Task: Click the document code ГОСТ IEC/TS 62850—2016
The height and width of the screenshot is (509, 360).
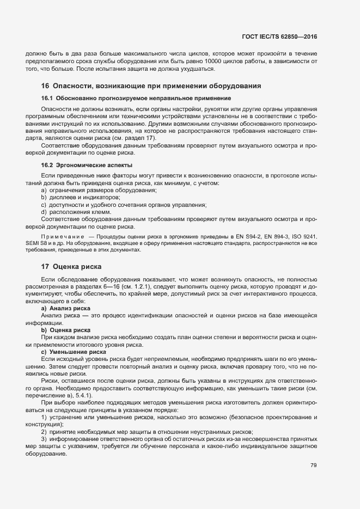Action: pyautogui.click(x=279, y=37)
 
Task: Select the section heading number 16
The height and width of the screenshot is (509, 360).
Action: pyautogui.click(x=45, y=86)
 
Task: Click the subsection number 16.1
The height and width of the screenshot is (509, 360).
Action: pyautogui.click(x=48, y=98)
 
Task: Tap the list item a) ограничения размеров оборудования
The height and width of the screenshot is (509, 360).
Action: pyautogui.click(x=91, y=190)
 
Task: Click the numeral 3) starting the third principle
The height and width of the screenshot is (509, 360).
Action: pyautogui.click(x=44, y=438)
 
